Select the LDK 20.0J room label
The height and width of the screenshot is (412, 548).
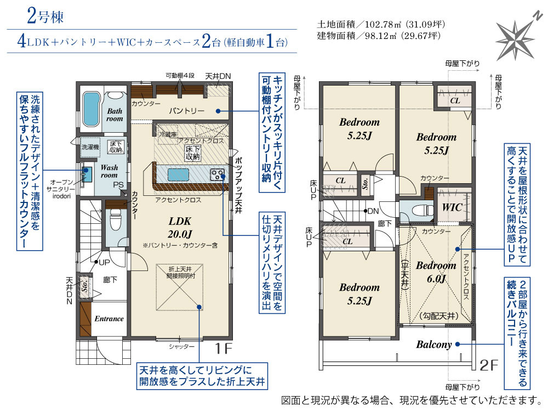(x=180, y=227)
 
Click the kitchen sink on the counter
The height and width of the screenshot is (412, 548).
(x=178, y=174)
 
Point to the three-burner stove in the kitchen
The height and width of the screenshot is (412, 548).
(x=217, y=174)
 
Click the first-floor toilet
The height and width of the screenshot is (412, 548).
(x=115, y=219)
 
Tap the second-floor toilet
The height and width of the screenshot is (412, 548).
(x=421, y=211)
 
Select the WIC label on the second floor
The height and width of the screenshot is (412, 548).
(x=452, y=207)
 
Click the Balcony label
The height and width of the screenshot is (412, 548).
(x=433, y=345)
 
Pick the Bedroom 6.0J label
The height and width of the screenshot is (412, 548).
(x=436, y=272)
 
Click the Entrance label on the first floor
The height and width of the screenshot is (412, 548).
(x=109, y=319)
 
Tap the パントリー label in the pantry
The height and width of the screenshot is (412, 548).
(x=187, y=111)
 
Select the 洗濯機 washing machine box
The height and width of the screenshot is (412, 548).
(x=90, y=147)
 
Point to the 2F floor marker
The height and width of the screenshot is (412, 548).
(x=488, y=365)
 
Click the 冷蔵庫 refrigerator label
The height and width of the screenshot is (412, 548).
(x=168, y=134)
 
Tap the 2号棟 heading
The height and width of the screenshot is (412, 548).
(x=45, y=16)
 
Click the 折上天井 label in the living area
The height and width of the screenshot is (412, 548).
(x=180, y=269)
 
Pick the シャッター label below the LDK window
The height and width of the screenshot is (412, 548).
(x=181, y=347)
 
